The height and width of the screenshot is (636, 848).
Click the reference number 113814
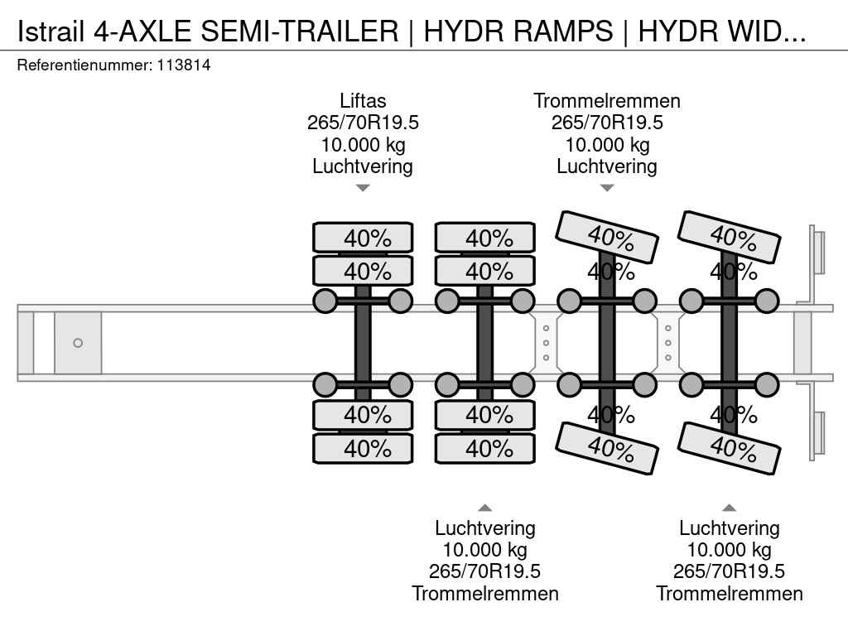pyautogui.click(x=183, y=65)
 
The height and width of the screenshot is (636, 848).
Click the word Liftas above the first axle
pyautogui.click(x=363, y=101)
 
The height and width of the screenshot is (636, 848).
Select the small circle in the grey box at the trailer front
pyautogui.click(x=78, y=343)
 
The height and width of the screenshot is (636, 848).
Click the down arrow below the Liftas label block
pyautogui.click(x=363, y=188)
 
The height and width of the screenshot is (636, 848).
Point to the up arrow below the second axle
pyautogui.click(x=485, y=508)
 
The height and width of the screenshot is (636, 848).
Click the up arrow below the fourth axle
pyautogui.click(x=730, y=508)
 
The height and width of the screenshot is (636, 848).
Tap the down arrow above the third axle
pyautogui.click(x=607, y=188)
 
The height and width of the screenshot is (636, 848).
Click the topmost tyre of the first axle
pyautogui.click(x=363, y=238)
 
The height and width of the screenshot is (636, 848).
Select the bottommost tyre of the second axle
pyautogui.click(x=485, y=448)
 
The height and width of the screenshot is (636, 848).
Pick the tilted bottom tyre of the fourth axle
pyautogui.click(x=730, y=448)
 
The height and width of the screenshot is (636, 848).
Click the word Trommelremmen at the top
pyautogui.click(x=607, y=101)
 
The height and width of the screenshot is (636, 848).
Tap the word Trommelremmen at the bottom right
pyautogui.click(x=730, y=594)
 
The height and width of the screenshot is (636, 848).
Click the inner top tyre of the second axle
pyautogui.click(x=485, y=271)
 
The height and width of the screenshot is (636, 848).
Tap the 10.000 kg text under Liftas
pyautogui.click(x=363, y=145)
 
